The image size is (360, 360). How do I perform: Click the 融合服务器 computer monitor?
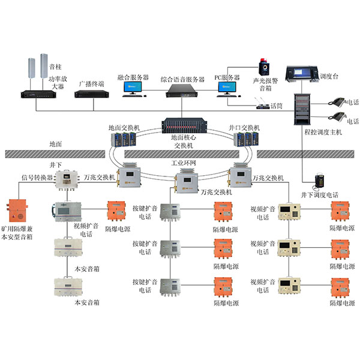click(133, 87)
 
